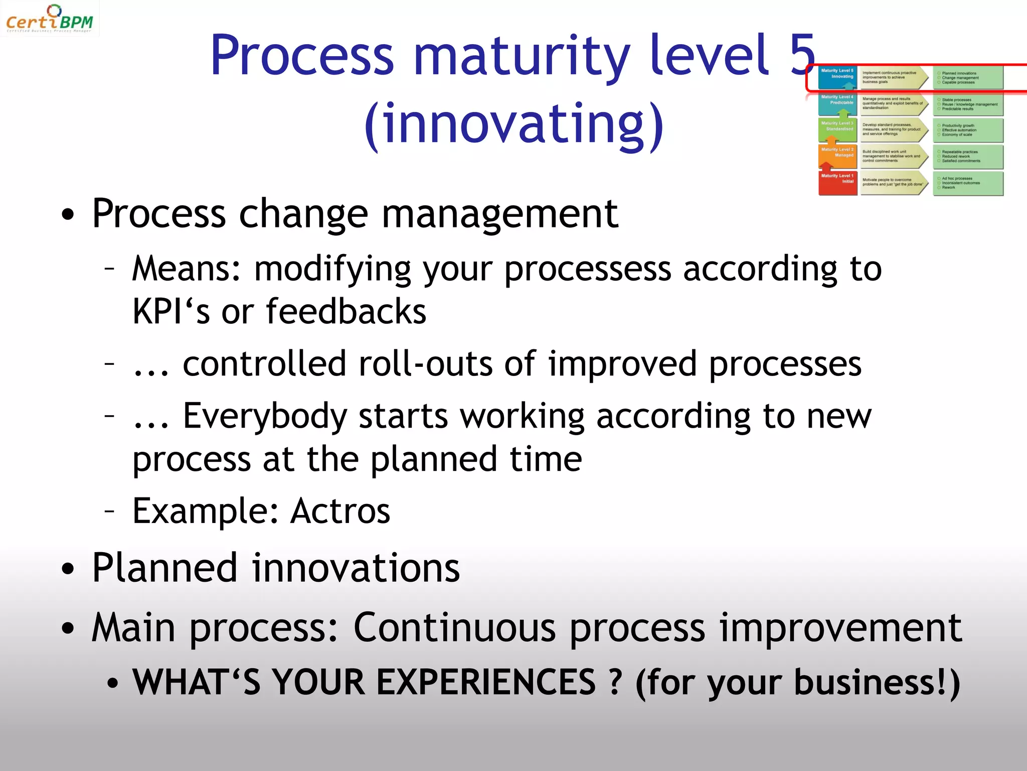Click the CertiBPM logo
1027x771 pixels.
pos(49,19)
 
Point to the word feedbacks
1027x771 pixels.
pos(346,312)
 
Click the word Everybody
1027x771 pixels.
pos(265,417)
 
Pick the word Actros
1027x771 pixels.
pos(340,511)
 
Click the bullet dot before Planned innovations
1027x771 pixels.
pos(68,570)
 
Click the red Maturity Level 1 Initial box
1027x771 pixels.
pos(837,183)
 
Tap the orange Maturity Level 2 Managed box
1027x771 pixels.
pos(837,157)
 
